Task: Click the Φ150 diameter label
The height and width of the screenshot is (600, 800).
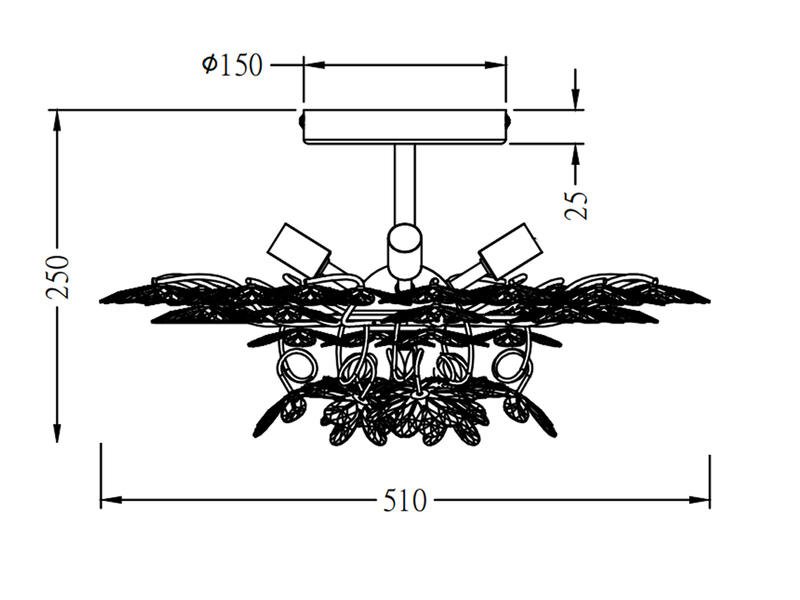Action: point(233,65)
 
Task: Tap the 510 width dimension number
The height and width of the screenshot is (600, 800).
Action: point(405,501)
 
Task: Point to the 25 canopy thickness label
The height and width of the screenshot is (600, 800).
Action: point(576,205)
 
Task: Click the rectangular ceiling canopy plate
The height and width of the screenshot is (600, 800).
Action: point(405,127)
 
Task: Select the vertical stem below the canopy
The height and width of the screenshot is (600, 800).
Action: point(405,184)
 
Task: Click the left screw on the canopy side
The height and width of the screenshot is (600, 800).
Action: point(301,121)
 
